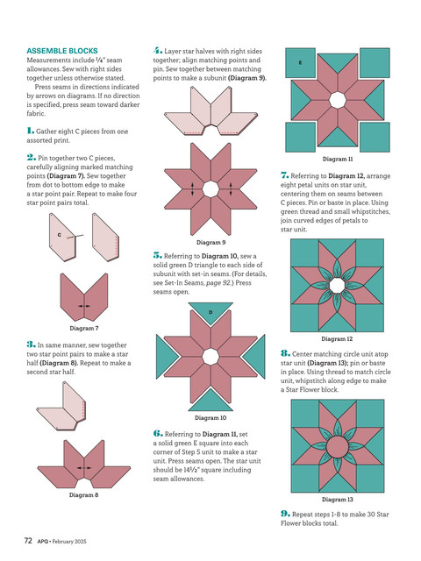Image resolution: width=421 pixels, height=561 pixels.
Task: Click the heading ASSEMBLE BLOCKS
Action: [62, 51]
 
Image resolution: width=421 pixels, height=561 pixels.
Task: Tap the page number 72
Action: [28, 541]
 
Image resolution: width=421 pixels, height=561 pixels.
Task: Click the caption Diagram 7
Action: [84, 328]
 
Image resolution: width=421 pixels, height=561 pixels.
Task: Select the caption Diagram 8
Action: [84, 494]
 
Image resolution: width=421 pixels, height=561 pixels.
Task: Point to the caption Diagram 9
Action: [210, 242]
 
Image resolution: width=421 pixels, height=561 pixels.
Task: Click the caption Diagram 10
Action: [210, 417]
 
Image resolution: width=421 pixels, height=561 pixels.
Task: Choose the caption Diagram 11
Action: [338, 159]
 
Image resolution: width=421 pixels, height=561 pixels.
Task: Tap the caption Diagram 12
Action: [337, 339]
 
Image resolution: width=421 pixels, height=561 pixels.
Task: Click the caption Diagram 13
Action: [337, 499]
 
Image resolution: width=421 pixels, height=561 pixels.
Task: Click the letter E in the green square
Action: [300, 62]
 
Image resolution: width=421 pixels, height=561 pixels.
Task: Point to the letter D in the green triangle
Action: [210, 312]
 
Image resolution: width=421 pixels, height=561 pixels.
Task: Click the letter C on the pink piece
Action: [60, 235]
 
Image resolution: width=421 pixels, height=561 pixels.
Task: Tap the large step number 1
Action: [31, 131]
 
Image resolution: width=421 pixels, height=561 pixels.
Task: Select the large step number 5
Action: [158, 255]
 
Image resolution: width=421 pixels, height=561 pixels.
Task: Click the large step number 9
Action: [285, 514]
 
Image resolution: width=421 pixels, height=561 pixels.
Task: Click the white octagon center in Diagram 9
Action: [210, 189]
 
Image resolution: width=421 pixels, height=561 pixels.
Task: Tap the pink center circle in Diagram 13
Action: [337, 446]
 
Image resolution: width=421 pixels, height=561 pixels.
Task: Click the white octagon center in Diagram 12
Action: [337, 286]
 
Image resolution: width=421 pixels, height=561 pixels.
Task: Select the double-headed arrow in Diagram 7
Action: [84, 306]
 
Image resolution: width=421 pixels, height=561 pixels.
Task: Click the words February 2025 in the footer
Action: [69, 542]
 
